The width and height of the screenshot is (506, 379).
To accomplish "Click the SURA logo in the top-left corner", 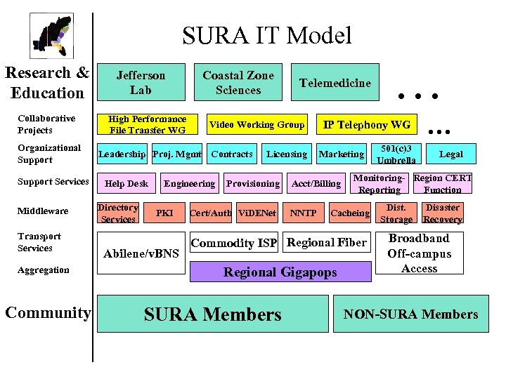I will [x=51, y=34].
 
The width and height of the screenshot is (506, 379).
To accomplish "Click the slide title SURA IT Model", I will [x=266, y=35].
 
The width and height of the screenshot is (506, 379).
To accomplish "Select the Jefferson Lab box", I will [x=141, y=82].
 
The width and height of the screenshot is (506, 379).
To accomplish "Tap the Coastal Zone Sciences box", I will [x=238, y=82].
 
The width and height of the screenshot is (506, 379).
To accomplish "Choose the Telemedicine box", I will [x=335, y=83].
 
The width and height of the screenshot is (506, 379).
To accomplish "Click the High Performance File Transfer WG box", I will [x=148, y=124].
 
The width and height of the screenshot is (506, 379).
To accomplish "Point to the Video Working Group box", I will [x=257, y=125].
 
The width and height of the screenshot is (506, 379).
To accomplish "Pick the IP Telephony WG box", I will [x=366, y=125].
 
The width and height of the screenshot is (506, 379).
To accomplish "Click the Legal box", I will [x=450, y=154].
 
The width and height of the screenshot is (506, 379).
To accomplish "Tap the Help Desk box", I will [x=126, y=183].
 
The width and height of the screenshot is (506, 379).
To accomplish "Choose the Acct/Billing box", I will [x=316, y=183].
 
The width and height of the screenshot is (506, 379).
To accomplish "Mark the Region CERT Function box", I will [x=443, y=183].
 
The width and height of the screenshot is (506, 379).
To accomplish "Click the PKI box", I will [x=164, y=213].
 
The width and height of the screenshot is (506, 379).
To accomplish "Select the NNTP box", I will [x=304, y=213].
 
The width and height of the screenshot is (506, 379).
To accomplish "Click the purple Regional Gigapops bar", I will [x=280, y=272].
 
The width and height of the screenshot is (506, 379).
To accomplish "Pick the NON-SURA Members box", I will [x=410, y=314].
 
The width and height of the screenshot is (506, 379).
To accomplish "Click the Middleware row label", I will [x=43, y=211].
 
